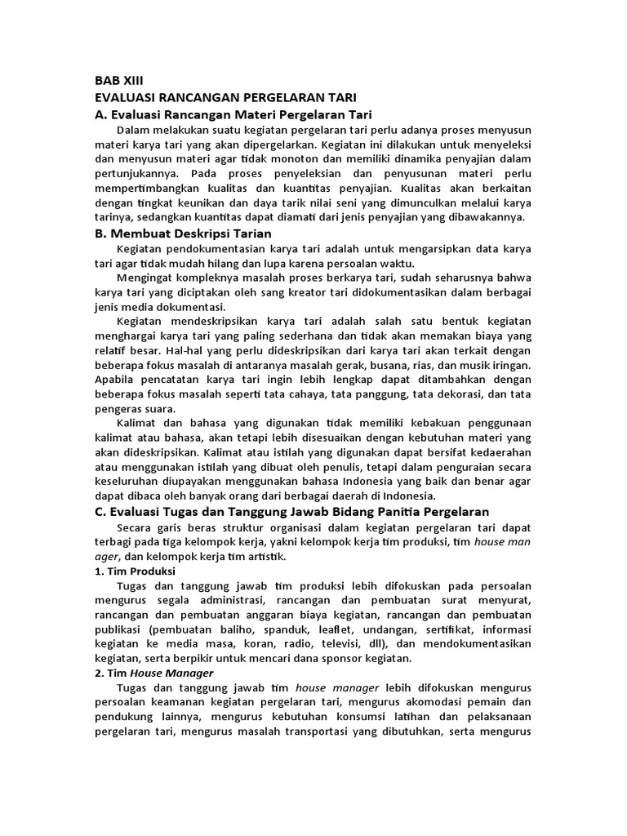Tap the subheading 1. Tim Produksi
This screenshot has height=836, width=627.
coord(136,571)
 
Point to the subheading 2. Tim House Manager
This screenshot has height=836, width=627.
coord(153,673)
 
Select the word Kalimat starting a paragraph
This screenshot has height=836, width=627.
coord(139,422)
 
